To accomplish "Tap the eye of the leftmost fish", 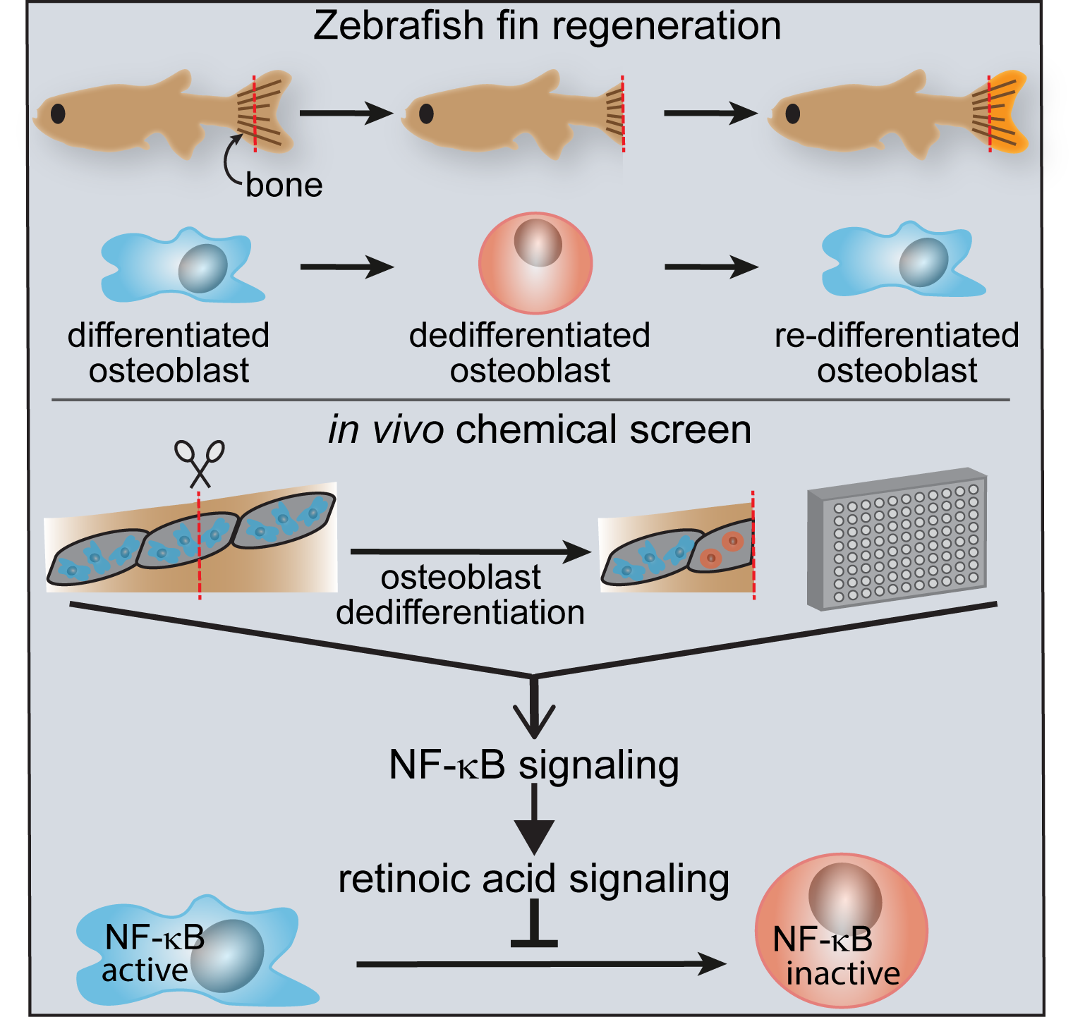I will (58, 113).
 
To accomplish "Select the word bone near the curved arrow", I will (284, 185).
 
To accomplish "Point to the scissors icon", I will (200, 463).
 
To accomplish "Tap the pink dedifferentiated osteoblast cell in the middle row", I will (535, 263).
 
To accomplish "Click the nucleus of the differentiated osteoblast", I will (203, 269).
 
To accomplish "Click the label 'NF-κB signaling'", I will (533, 765).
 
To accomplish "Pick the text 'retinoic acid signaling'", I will (533, 879).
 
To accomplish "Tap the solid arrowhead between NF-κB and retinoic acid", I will (534, 836).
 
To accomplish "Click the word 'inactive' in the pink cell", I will (843, 974).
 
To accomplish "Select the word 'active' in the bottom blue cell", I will (145, 971).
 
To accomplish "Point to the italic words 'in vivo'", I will (385, 430).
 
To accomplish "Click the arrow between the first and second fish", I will (346, 113).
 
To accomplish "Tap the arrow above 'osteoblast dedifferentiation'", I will (470, 552).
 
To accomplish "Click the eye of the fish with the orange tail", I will (793, 114).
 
